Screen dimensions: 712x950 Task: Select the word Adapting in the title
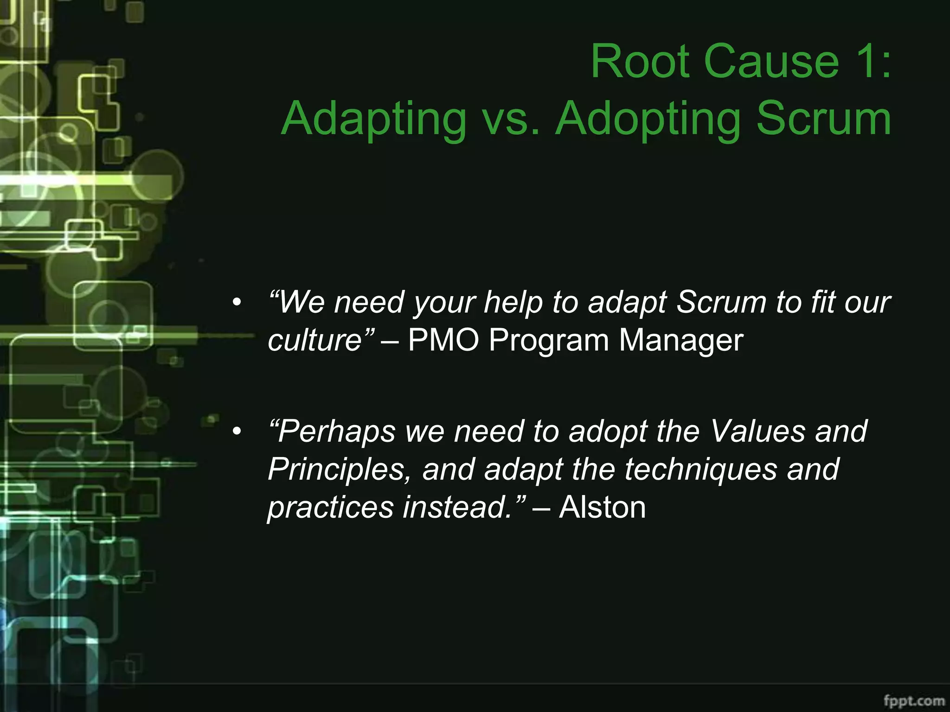click(x=374, y=120)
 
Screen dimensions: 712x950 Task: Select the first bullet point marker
click(x=237, y=303)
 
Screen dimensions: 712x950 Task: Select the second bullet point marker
click(x=237, y=432)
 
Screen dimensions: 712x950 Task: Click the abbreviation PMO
click(x=443, y=340)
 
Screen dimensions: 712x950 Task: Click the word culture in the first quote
click(x=315, y=340)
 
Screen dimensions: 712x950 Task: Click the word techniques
click(x=700, y=469)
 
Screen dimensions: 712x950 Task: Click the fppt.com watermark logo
click(x=914, y=700)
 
